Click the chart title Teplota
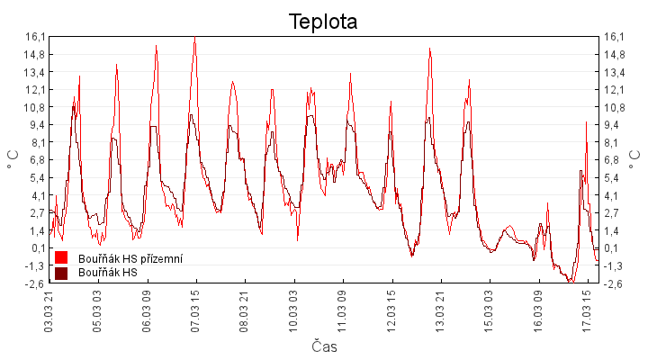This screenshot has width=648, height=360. pos(323,21)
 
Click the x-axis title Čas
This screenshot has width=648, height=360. pos(324,346)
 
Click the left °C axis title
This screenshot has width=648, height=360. pos(13,159)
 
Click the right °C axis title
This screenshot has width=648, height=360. pos(636,159)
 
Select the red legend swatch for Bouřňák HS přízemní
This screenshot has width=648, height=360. pos(61,257)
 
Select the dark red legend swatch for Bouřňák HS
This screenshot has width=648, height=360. pos(61,273)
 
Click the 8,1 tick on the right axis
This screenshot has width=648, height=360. pos(615,142)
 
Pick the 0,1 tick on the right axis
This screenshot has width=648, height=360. pos(615,248)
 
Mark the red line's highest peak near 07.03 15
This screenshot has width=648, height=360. pos(194,38)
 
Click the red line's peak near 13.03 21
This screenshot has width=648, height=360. pos(430,49)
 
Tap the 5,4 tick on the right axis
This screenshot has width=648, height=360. pos(615,177)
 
